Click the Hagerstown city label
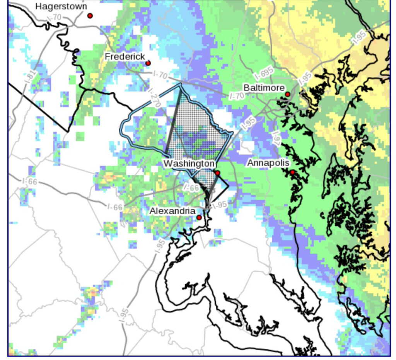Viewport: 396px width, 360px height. coord(61,7)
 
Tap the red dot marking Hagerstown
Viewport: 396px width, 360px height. coord(90,15)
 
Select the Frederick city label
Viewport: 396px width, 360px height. coord(125,56)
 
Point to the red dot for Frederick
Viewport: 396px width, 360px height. coord(148,63)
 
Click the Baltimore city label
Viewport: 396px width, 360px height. coord(264,88)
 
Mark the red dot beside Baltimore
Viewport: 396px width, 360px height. coord(288,94)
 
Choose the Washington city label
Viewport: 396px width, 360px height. coord(189,164)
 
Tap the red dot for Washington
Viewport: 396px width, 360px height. coord(217,173)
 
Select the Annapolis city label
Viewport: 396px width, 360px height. coord(268,163)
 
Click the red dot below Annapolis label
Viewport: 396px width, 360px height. coord(292,172)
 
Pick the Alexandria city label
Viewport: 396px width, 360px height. coord(172,211)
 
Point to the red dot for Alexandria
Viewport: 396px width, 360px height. coord(199,218)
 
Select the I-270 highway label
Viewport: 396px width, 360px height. coord(154,97)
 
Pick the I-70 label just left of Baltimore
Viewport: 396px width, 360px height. coord(237,95)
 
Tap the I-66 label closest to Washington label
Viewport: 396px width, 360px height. coord(191,188)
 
